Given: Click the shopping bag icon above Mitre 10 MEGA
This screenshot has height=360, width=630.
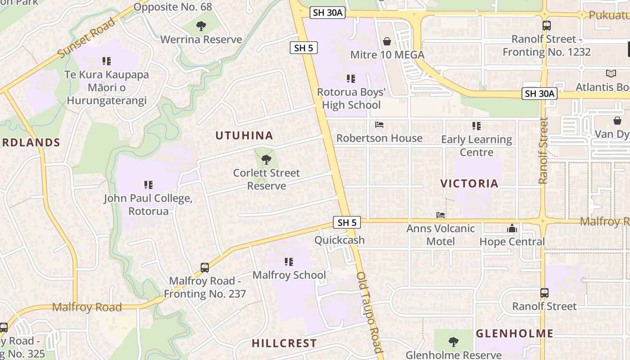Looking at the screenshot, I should pyautogui.click(x=387, y=42).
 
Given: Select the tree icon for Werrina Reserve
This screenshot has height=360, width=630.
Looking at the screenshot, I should pyautogui.click(x=201, y=26).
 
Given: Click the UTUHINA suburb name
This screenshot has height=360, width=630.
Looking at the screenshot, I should pyautogui.click(x=244, y=135).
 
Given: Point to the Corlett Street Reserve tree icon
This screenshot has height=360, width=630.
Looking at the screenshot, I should pyautogui.click(x=266, y=159).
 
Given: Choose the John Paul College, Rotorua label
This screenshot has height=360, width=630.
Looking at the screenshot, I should pyautogui.click(x=148, y=205).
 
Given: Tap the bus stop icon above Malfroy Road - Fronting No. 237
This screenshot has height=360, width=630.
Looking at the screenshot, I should pyautogui.click(x=205, y=268).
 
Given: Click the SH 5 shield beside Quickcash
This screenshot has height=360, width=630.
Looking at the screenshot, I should pyautogui.click(x=347, y=222).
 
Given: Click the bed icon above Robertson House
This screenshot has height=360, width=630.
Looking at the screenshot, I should pyautogui.click(x=379, y=125).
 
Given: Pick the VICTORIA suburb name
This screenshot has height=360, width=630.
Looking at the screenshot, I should pyautogui.click(x=469, y=184).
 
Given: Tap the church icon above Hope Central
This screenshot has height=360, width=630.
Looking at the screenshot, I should pyautogui.click(x=512, y=229).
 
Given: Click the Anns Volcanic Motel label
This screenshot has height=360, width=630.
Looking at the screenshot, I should pyautogui.click(x=441, y=235).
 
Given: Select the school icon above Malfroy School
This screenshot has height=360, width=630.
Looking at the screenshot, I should pyautogui.click(x=289, y=261).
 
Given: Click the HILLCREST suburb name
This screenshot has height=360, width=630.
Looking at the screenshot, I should pyautogui.click(x=284, y=343).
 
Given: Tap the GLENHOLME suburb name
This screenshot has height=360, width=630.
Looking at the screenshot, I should pyautogui.click(x=514, y=333).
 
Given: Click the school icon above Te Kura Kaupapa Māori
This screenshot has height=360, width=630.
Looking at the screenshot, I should pyautogui.click(x=107, y=61).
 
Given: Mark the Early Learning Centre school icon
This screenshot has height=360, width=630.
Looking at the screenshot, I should pyautogui.click(x=477, y=126).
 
